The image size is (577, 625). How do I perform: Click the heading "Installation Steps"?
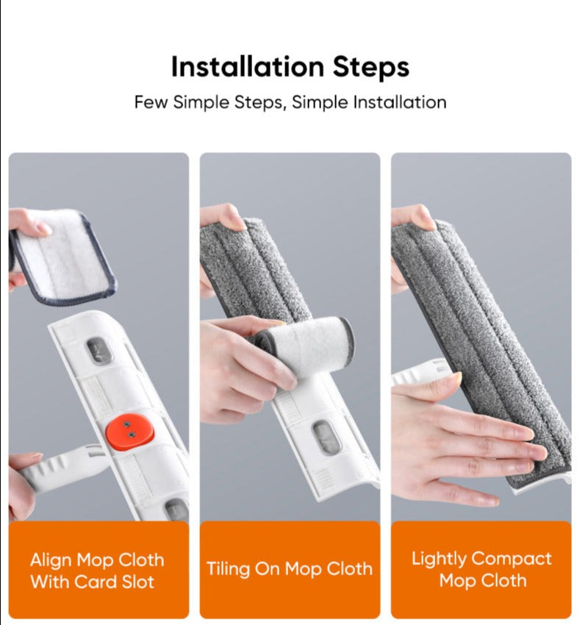pos(290,67)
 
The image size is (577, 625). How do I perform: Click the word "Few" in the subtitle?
pos(151,102)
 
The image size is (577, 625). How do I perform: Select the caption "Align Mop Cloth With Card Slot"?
pos(98,571)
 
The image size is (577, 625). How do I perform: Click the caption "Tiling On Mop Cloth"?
pos(289,569)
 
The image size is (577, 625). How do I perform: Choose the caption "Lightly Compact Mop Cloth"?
pos(481,569)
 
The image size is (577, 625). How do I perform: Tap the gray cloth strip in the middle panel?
pos(257,272)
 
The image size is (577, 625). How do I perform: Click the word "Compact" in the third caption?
pos(512,558)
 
